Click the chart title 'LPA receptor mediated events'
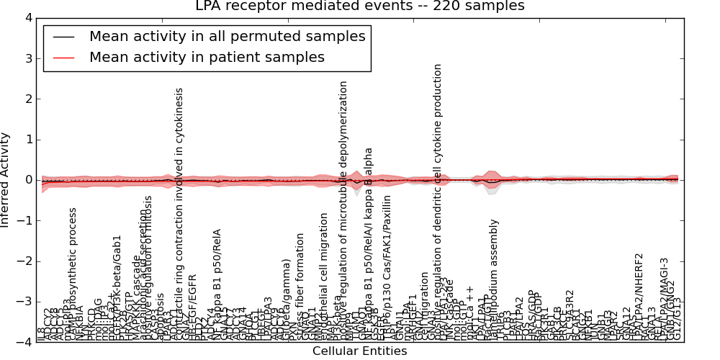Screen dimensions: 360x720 (360, 6)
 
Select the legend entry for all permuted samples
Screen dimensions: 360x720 (227, 36)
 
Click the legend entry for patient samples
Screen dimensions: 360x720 (207, 57)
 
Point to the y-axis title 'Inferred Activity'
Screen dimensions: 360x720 (6, 180)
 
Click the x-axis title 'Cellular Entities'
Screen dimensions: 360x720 (360, 351)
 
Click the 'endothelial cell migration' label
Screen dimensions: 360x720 (324, 274)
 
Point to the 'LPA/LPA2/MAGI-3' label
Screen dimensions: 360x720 (664, 295)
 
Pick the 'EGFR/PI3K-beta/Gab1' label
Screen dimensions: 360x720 (118, 284)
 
